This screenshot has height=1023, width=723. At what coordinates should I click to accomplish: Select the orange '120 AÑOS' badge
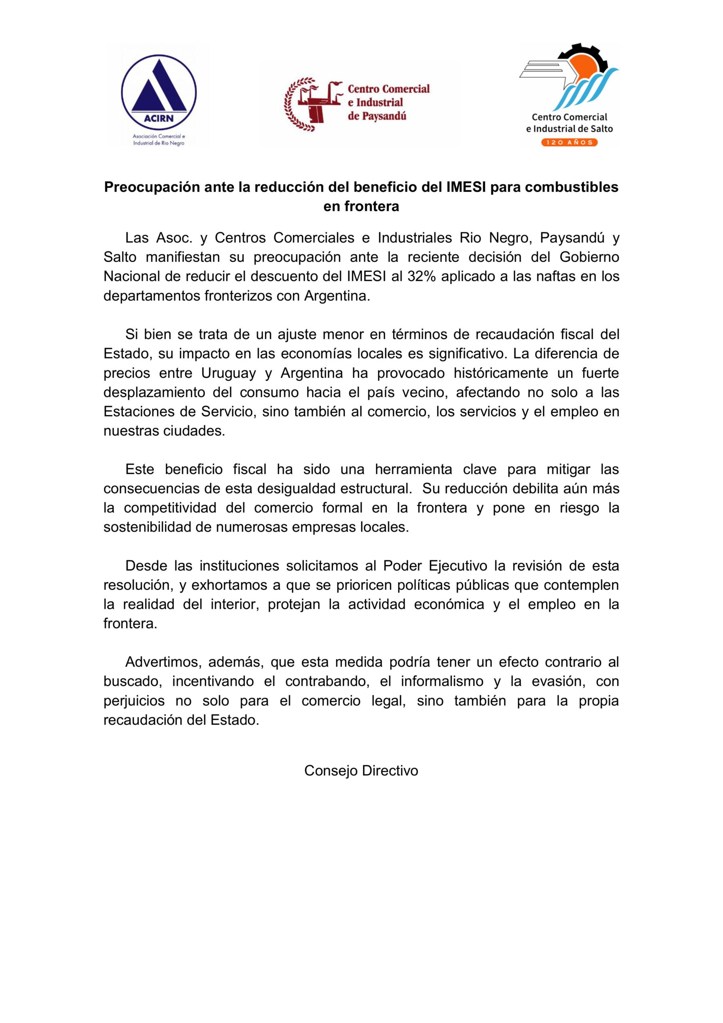tap(569, 142)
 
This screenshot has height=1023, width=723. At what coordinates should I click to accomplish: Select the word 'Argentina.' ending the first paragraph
tap(337, 296)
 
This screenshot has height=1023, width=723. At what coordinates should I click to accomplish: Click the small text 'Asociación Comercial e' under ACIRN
tap(159, 135)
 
